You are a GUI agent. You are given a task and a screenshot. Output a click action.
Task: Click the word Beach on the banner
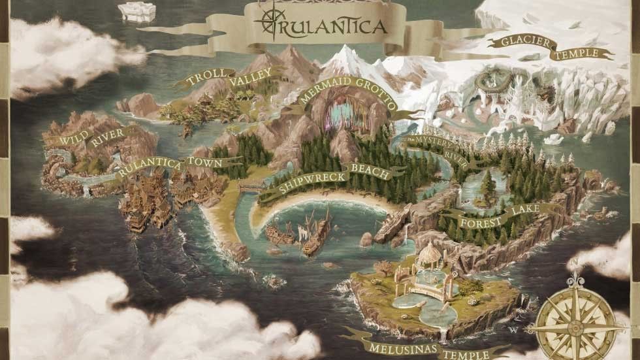(370, 171)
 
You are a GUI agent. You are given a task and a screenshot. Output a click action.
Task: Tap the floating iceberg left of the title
(138, 12)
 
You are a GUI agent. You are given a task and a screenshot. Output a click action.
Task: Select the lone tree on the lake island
(488, 184)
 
